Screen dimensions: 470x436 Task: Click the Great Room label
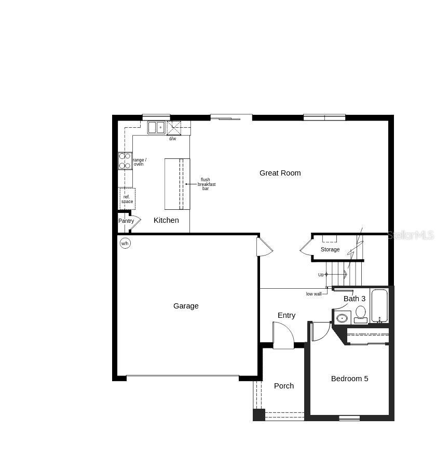(280, 173)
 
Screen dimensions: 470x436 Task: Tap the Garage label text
(186, 306)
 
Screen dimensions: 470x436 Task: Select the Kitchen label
(166, 220)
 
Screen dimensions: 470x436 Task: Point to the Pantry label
(126, 221)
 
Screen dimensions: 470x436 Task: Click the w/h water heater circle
(125, 243)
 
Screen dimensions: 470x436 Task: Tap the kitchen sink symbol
(156, 127)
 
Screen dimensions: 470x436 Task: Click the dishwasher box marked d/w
(173, 128)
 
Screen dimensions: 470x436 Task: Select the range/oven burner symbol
(125, 161)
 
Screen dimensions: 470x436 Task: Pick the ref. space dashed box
(127, 199)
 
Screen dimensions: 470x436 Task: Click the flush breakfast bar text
(206, 184)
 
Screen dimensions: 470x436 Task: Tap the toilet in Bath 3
(360, 314)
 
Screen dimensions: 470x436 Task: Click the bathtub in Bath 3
(379, 306)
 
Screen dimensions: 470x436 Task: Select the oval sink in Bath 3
(342, 318)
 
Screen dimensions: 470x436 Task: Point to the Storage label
(330, 250)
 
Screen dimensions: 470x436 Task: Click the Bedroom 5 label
(349, 379)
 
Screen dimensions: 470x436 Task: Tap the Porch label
(284, 386)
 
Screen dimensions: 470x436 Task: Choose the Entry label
(287, 315)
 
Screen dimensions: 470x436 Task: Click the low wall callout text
(314, 294)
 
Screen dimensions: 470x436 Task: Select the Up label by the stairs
(321, 275)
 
